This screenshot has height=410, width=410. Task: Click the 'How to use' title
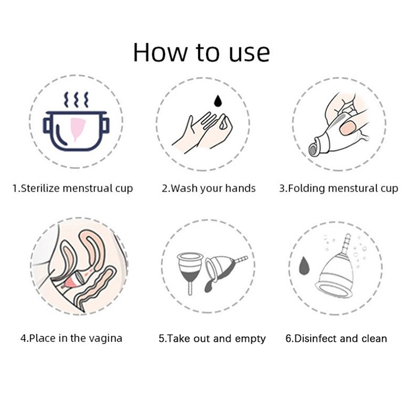click(201, 52)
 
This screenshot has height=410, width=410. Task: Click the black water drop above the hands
click(217, 100)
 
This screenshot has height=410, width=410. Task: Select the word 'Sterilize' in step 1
click(40, 188)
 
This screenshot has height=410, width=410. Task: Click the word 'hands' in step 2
click(240, 188)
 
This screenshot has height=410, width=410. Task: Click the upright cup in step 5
click(190, 272)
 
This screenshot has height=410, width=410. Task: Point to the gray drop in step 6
click(304, 266)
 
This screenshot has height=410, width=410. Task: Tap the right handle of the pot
click(105, 125)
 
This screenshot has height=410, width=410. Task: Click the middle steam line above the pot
click(76, 99)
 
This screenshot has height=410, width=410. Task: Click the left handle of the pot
click(47, 125)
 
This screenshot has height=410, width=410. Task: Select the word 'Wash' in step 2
click(184, 188)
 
